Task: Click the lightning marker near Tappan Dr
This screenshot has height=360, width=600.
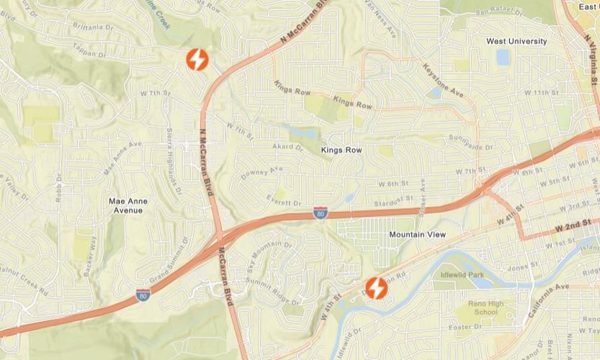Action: tap(197, 60)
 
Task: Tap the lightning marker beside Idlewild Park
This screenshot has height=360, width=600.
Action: tap(376, 288)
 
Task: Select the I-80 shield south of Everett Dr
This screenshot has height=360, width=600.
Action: tap(321, 212)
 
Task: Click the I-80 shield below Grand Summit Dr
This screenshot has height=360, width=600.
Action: tap(143, 294)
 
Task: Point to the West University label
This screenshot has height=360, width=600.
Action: tap(516, 41)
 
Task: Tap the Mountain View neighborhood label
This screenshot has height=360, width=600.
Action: tap(417, 235)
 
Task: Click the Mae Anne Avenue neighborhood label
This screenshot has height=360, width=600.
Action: tap(127, 205)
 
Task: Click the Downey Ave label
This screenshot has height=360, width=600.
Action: tap(261, 173)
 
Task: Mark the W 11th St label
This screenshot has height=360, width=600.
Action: tap(541, 93)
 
